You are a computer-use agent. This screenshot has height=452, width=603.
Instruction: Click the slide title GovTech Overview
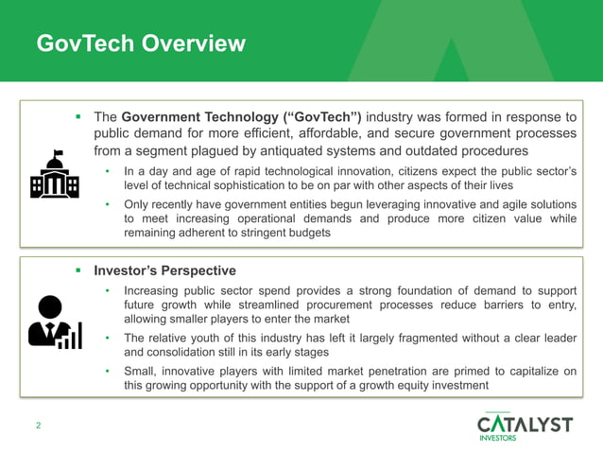140,43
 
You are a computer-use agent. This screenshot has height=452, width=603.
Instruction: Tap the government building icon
55,174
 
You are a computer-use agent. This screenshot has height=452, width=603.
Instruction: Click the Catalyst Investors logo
525,425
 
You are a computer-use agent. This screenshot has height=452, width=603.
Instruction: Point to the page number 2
38,426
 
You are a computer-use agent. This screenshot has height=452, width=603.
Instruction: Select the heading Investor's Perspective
164,270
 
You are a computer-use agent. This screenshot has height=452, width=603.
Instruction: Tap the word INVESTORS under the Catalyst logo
499,438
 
